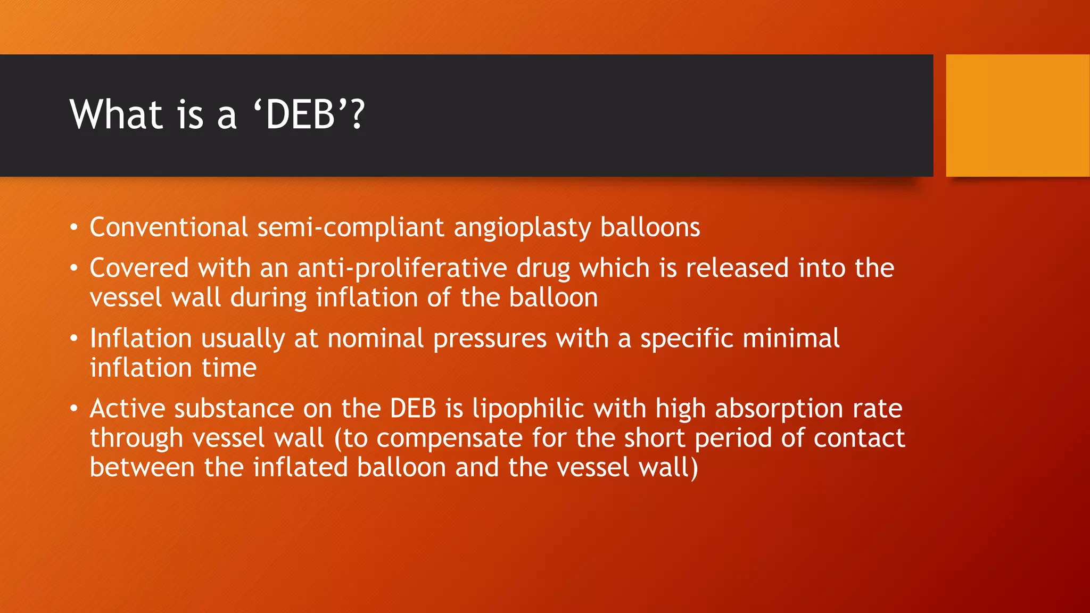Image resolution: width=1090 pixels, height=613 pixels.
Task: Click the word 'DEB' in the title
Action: (300, 115)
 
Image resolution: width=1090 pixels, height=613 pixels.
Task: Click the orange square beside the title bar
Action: (1018, 115)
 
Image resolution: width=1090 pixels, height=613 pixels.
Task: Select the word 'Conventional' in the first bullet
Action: (169, 227)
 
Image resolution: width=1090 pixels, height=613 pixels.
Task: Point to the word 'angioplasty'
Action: (522, 228)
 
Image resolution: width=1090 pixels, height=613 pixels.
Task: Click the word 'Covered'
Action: (139, 268)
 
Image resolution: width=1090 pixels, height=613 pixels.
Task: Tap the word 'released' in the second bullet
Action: (737, 268)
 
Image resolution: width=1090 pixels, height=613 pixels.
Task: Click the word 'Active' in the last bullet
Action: (128, 409)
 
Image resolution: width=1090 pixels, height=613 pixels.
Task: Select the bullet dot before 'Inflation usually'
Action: (74, 339)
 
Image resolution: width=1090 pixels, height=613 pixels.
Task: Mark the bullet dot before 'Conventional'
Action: (74, 228)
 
